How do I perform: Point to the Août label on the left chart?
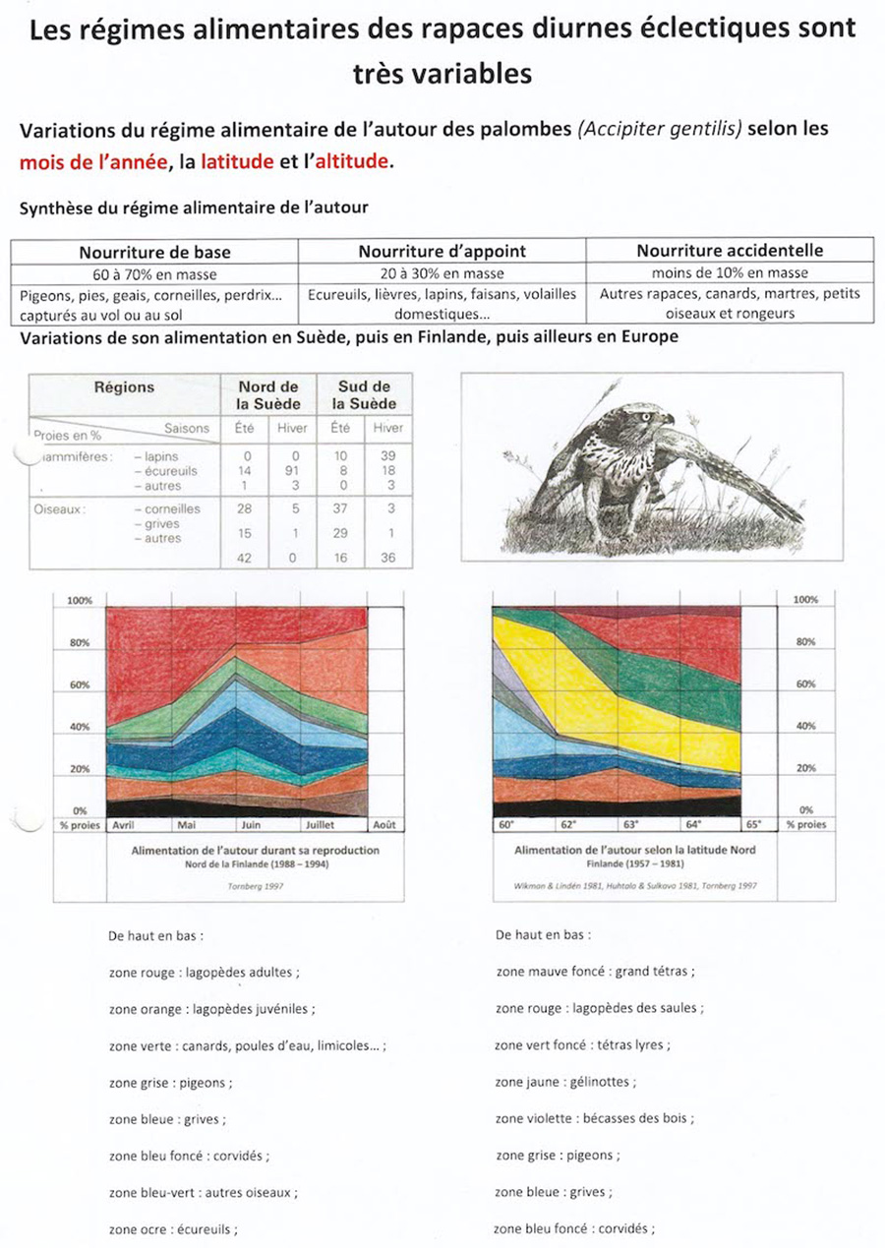(x=382, y=825)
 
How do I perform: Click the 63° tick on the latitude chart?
(x=630, y=824)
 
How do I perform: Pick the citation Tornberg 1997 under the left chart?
(x=254, y=885)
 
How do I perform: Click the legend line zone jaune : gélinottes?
(x=565, y=1082)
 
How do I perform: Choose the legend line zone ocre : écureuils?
(x=173, y=1228)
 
